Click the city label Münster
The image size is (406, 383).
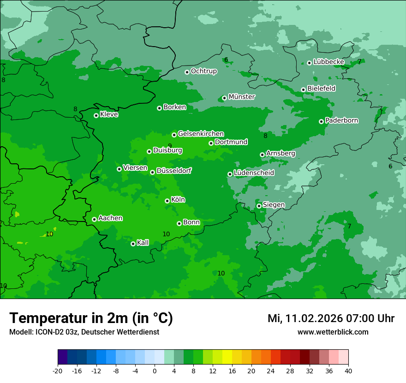pyautogui.click(x=241, y=97)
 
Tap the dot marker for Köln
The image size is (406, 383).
pyautogui.click(x=167, y=201)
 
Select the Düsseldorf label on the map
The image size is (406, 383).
pyautogui.click(x=173, y=171)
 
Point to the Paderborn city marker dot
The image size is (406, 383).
pyautogui.click(x=321, y=121)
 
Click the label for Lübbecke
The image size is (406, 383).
pyautogui.click(x=328, y=62)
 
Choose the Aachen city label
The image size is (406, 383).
pyautogui.click(x=110, y=218)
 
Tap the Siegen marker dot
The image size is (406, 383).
pyautogui.click(x=259, y=206)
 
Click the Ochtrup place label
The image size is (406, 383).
pyautogui.click(x=203, y=71)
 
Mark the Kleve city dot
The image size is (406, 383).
pyautogui.click(x=96, y=115)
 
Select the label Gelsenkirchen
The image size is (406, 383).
pyautogui.click(x=201, y=134)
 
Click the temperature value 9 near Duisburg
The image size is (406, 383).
pyautogui.click(x=170, y=146)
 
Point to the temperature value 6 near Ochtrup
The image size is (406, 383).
pyautogui.click(x=226, y=60)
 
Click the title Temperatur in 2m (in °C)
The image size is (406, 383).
pyautogui.click(x=91, y=318)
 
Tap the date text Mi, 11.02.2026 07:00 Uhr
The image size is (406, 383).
pyautogui.click(x=331, y=318)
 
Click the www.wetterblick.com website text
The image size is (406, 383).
pyautogui.click(x=333, y=332)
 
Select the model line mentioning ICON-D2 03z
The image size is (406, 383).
pyautogui.click(x=84, y=332)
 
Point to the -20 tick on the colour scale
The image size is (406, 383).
pyautogui.click(x=58, y=371)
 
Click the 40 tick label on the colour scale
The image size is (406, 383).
pyautogui.click(x=348, y=371)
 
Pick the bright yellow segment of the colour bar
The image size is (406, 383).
pyautogui.click(x=227, y=357)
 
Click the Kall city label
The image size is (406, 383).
pyautogui.click(x=143, y=243)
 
